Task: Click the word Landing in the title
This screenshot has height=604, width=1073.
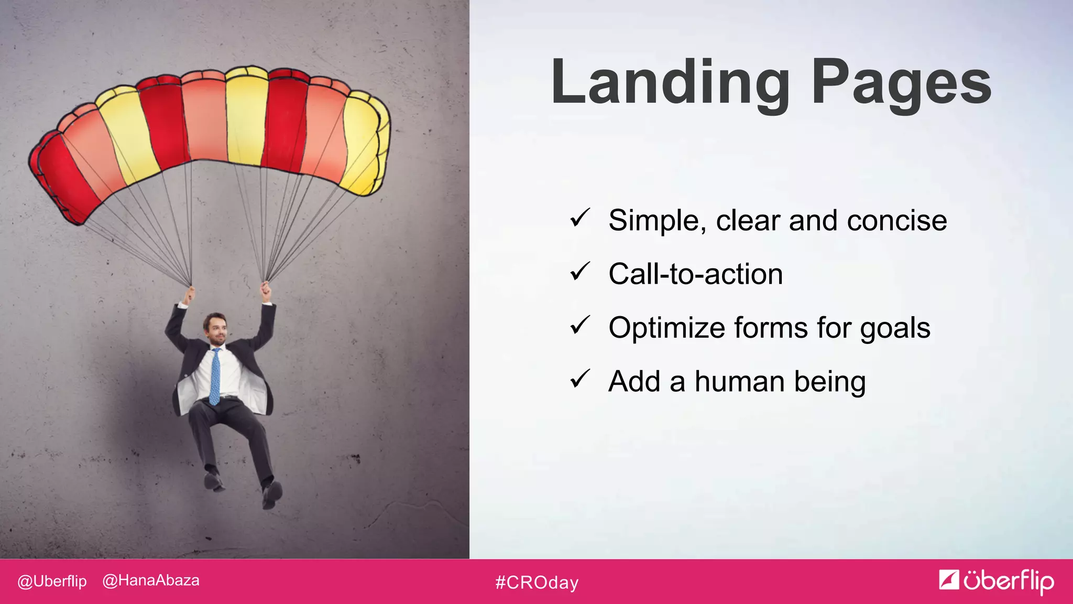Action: point(670,83)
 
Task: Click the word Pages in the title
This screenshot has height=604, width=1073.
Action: point(901,83)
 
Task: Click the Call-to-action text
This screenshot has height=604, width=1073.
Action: point(695,274)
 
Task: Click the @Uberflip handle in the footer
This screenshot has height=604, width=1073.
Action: point(52,581)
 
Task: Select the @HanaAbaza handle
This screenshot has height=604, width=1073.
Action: point(151,580)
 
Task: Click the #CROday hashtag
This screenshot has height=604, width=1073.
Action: point(537,583)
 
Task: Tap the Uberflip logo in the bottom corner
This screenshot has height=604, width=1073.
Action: point(997,581)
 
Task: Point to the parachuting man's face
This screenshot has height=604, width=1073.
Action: point(216,329)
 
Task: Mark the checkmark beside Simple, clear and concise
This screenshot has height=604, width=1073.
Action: point(580,218)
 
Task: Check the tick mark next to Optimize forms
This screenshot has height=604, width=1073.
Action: point(580,325)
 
